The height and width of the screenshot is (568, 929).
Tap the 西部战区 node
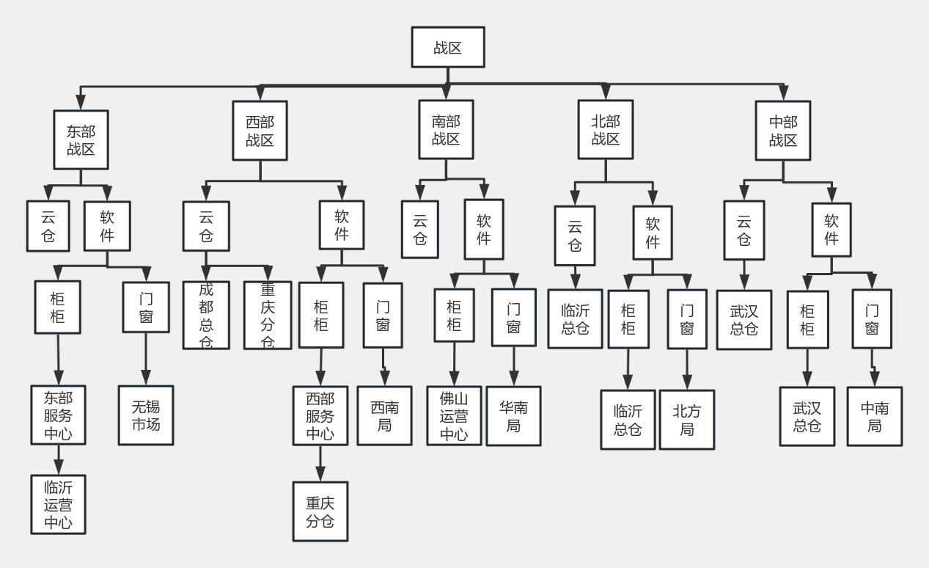260,131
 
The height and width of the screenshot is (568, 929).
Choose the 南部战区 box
446,129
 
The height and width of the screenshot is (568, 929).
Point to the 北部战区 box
605,129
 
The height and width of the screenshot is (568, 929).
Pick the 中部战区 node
783,131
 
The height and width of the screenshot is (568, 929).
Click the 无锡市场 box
146,415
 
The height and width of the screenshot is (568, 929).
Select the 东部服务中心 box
57,415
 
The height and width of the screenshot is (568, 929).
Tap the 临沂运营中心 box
58,504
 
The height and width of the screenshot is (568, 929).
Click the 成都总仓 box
206,315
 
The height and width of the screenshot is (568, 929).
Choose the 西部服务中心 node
320,415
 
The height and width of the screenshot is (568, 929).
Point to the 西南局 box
385,415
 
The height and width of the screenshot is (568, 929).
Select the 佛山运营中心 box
455,415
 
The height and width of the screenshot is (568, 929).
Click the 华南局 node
513,416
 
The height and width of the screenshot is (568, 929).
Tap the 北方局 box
686,420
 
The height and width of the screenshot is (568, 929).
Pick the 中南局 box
875,416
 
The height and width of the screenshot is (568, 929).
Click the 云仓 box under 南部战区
420,229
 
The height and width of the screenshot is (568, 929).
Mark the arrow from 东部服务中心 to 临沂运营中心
58,459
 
